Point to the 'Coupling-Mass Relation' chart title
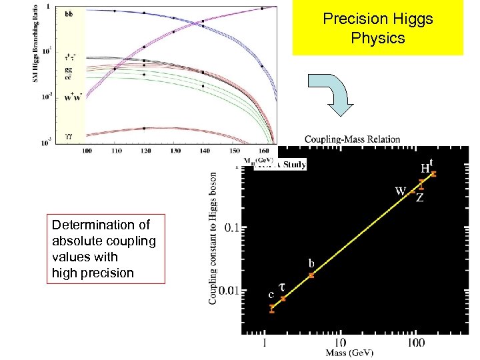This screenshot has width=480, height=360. [353, 139]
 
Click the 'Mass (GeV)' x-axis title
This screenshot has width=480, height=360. [350, 352]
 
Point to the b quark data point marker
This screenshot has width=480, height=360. [311, 275]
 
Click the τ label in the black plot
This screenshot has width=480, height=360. [282, 285]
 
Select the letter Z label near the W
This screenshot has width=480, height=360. [419, 198]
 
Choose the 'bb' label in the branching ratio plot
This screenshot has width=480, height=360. [69, 13]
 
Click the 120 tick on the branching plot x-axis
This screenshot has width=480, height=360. [145, 151]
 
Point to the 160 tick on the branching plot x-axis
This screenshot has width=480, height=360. [261, 151]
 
